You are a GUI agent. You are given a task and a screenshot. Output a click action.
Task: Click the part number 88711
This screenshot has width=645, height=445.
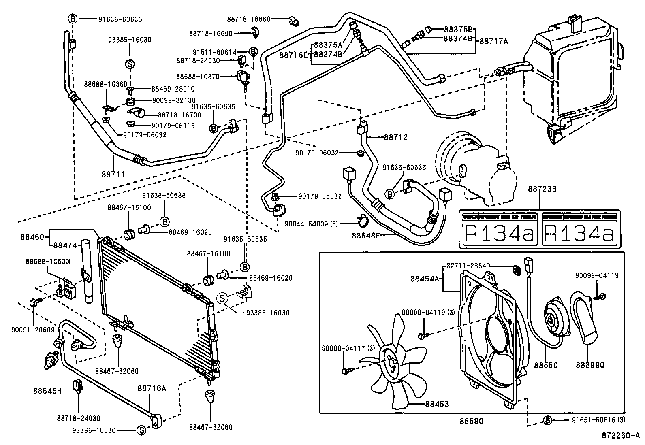coord(113,174)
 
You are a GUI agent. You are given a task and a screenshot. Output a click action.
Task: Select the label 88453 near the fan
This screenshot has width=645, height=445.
coord(437,404)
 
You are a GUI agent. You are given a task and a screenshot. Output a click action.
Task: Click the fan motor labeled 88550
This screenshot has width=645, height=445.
coord(551,320)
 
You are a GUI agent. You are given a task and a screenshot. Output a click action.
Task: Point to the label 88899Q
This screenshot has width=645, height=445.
coord(590,365)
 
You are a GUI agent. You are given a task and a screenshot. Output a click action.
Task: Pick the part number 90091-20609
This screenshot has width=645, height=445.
coord(33,330)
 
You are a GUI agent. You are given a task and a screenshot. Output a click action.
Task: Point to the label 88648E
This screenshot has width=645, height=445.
coord(366,235)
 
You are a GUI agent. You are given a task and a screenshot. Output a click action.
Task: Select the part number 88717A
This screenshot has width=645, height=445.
coord(493,41)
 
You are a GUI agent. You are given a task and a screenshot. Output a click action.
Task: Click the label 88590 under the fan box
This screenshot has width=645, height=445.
coord(471,421)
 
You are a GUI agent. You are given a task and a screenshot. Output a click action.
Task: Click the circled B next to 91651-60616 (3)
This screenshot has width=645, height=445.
coord(547,420)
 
